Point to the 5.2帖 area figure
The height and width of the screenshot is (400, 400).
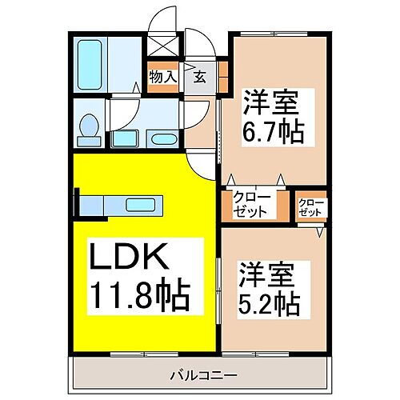(270, 303)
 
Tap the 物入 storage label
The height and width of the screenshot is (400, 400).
(162, 77)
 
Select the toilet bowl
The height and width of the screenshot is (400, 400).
(89, 126)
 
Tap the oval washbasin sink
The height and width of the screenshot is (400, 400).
(162, 140)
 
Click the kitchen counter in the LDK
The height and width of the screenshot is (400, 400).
(120, 204)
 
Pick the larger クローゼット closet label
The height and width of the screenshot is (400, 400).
(251, 203)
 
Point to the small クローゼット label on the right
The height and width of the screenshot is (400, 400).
(311, 208)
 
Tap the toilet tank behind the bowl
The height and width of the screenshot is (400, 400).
(89, 142)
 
